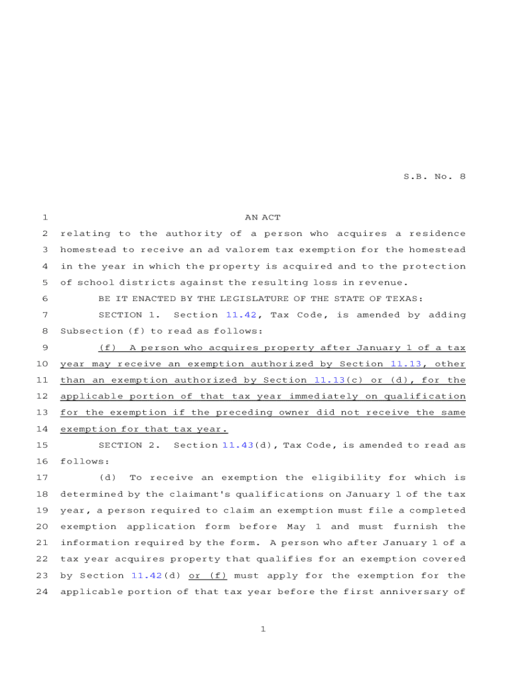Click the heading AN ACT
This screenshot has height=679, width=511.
click(x=263, y=217)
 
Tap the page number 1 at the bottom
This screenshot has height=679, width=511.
click(x=263, y=629)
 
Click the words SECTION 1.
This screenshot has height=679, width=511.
click(x=129, y=315)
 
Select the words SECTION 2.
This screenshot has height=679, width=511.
click(x=129, y=445)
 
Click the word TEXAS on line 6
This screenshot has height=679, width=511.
click(x=407, y=299)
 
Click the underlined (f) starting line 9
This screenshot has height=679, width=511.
click(x=108, y=347)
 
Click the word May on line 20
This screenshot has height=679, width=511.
click(x=296, y=526)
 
